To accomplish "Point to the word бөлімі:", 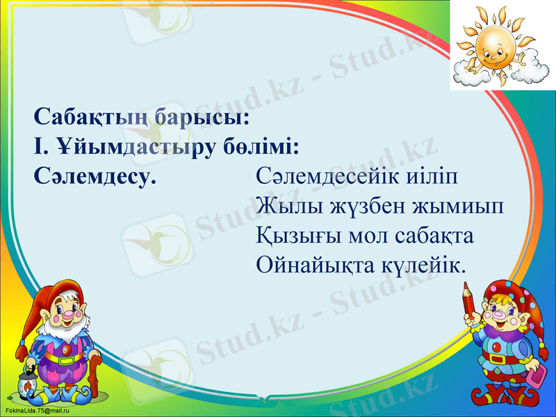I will coord(262,146).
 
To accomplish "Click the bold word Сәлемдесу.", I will coord(95,176).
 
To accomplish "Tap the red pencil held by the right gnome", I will coord(470,300).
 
